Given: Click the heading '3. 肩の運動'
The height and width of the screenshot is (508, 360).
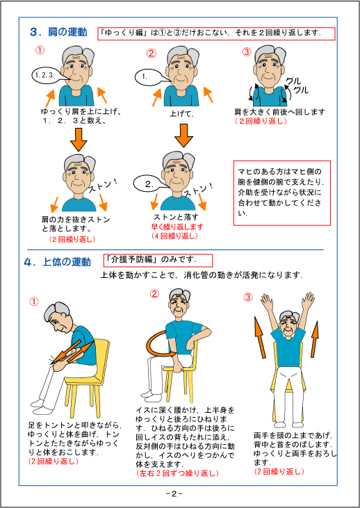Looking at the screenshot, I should click(x=59, y=31).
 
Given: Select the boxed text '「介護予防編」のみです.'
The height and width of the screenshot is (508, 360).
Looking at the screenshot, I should click(x=156, y=260).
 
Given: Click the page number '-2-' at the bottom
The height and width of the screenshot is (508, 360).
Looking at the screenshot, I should click(x=174, y=494).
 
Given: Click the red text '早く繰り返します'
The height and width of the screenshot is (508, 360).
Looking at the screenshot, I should click(x=178, y=227).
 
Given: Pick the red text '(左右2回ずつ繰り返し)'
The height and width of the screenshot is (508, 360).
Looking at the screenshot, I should click(x=178, y=473).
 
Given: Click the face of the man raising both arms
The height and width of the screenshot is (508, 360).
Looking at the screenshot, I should click(x=287, y=325).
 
